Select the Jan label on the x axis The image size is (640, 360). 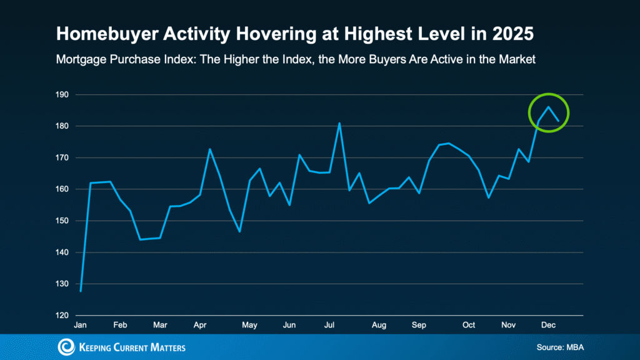click(80, 325)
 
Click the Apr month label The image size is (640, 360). click(200, 325)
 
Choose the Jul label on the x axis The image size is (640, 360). click(328, 325)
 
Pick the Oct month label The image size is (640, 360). click(469, 325)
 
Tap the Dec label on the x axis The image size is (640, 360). click(547, 325)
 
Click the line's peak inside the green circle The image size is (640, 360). click(548, 107)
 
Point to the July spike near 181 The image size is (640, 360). click(339, 123)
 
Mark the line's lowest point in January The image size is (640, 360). click(81, 291)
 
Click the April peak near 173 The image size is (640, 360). click(209, 149)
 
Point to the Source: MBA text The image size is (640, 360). click(560, 346)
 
